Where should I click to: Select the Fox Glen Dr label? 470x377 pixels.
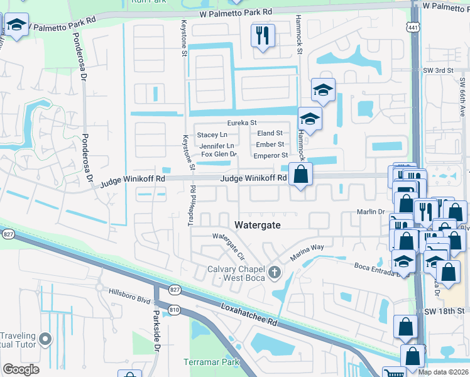click(x=218, y=154)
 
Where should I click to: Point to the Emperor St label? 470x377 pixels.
click(x=270, y=155)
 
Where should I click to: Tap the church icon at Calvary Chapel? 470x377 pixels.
click(x=273, y=272)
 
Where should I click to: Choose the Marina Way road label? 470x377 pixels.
click(x=307, y=253)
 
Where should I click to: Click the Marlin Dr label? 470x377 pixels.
click(x=371, y=212)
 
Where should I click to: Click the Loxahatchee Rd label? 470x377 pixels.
click(x=249, y=314)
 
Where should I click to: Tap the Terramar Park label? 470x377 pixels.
click(x=204, y=362)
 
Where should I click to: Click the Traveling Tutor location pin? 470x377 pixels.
click(x=44, y=340)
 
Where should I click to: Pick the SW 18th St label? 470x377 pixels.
click(x=447, y=311)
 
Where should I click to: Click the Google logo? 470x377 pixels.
click(x=21, y=369)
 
